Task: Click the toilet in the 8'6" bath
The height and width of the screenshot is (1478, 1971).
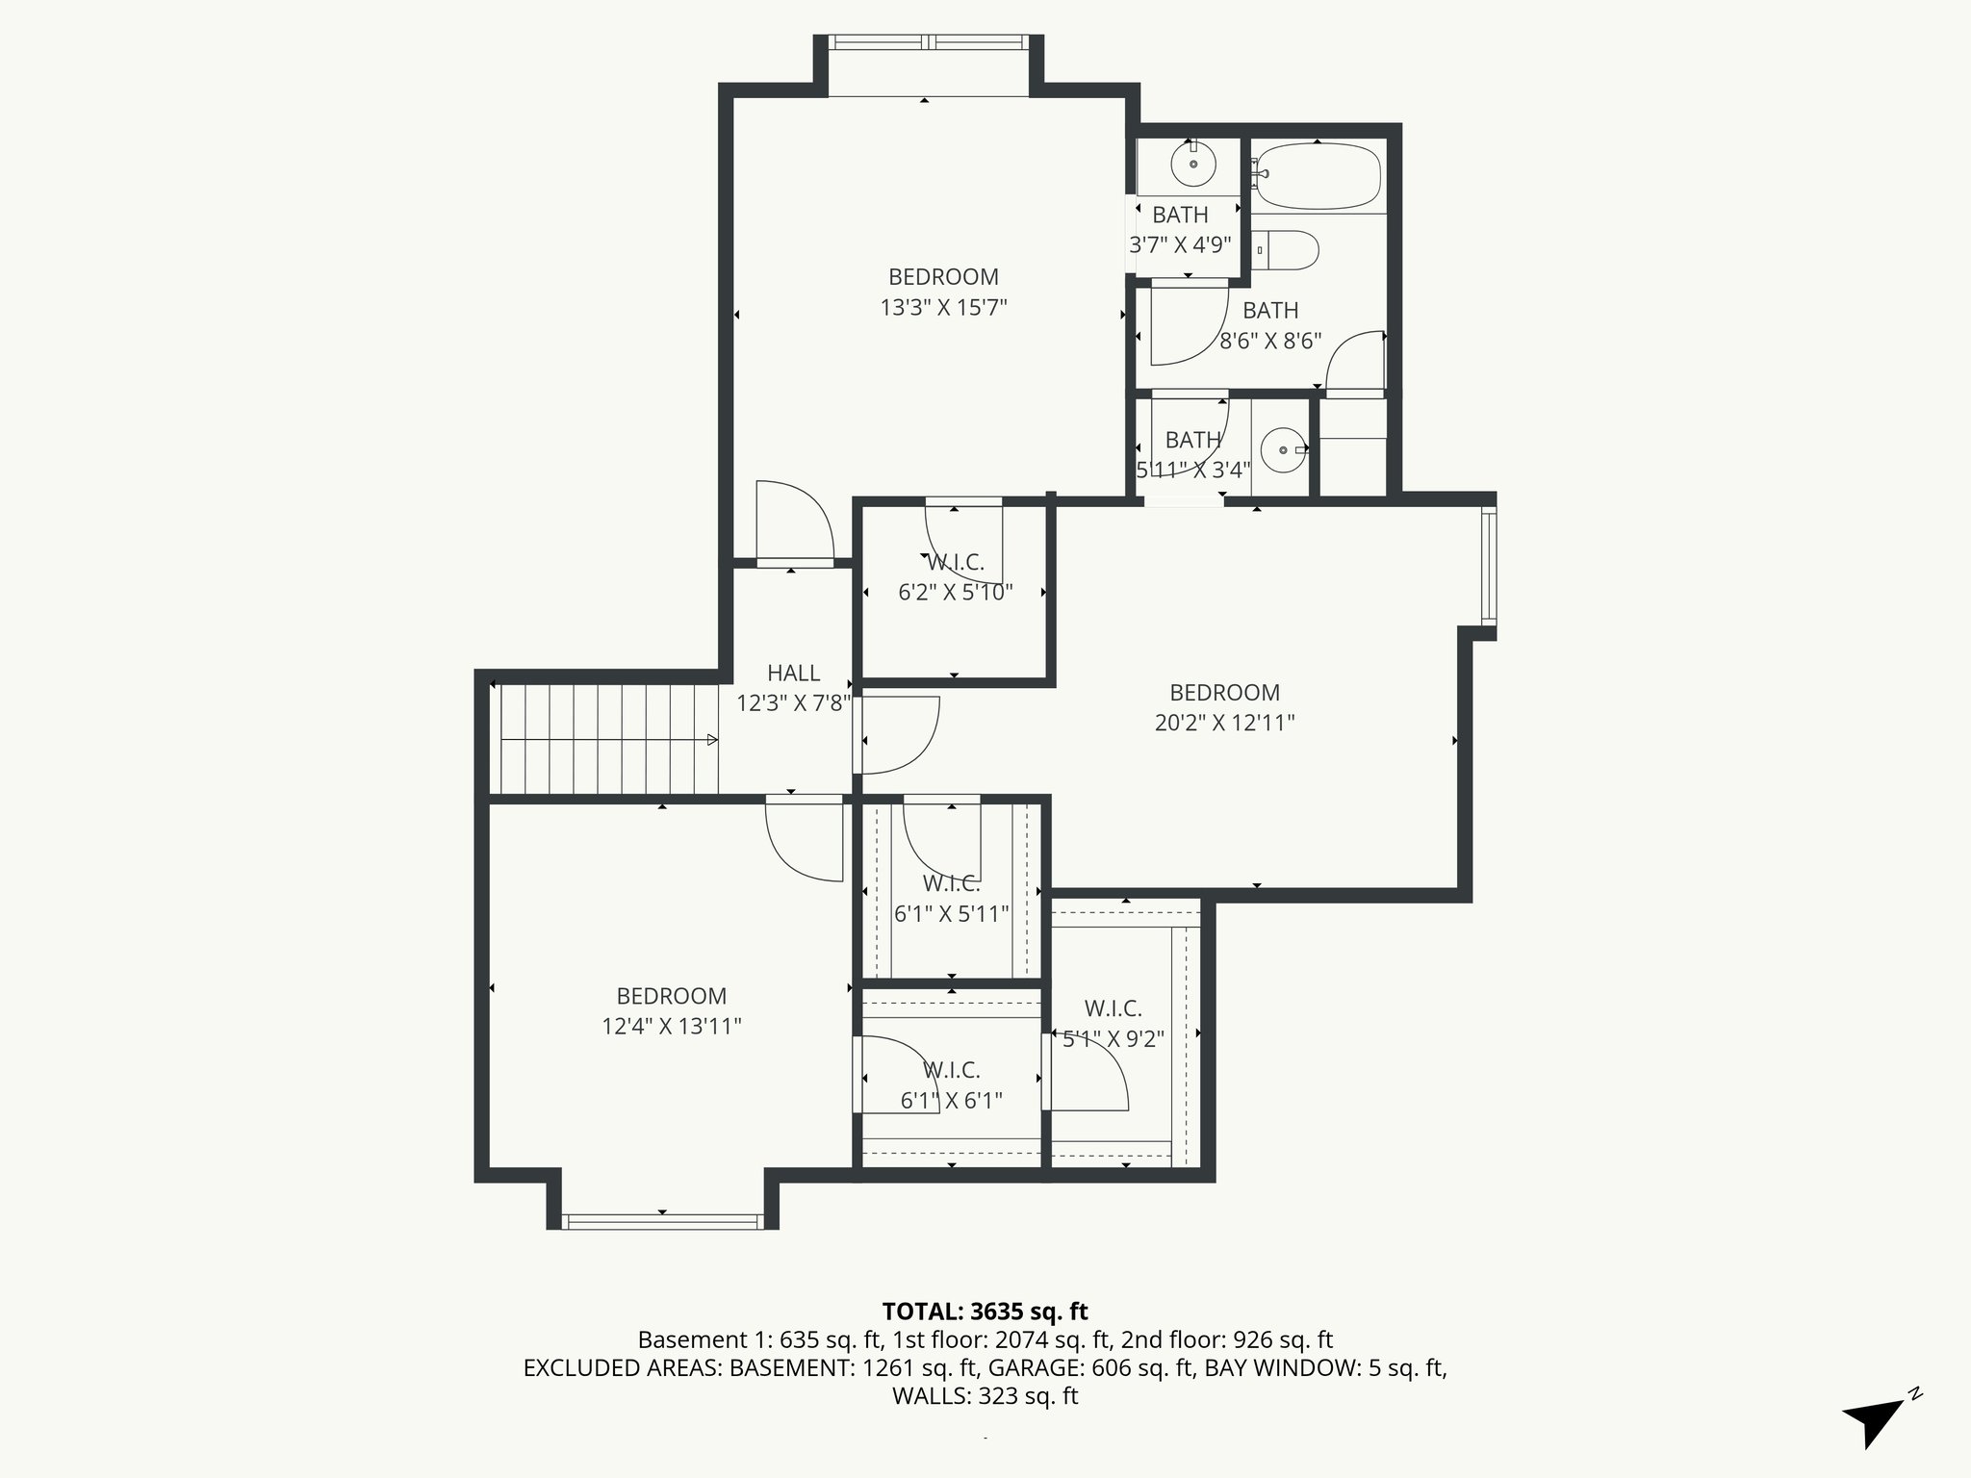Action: (1287, 250)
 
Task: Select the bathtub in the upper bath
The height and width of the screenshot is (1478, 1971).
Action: (1318, 176)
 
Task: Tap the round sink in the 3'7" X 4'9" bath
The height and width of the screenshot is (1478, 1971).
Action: (1193, 165)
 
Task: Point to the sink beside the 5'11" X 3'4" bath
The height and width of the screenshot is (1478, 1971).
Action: (1282, 449)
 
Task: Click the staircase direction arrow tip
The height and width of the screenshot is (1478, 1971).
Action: (713, 739)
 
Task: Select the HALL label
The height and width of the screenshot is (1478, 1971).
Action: (793, 673)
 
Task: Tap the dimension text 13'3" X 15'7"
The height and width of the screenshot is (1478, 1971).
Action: (943, 308)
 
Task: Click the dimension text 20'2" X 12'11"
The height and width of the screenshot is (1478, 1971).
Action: (1224, 723)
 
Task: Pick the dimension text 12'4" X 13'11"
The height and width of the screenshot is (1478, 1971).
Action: (672, 1027)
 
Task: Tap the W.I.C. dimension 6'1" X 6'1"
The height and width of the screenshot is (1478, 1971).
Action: (952, 1101)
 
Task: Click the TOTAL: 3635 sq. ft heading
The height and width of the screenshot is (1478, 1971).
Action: (985, 1311)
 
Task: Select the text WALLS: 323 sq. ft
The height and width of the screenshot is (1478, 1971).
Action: (985, 1395)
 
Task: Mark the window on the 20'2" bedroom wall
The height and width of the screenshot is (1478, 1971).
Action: (1489, 566)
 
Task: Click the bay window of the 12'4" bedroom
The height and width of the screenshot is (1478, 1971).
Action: (661, 1221)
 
